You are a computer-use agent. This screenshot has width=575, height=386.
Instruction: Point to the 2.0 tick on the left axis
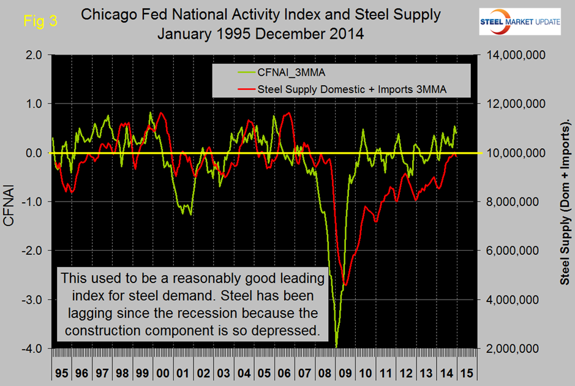pos(33,55)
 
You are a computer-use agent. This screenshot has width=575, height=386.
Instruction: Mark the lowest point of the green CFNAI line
pos(336,347)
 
